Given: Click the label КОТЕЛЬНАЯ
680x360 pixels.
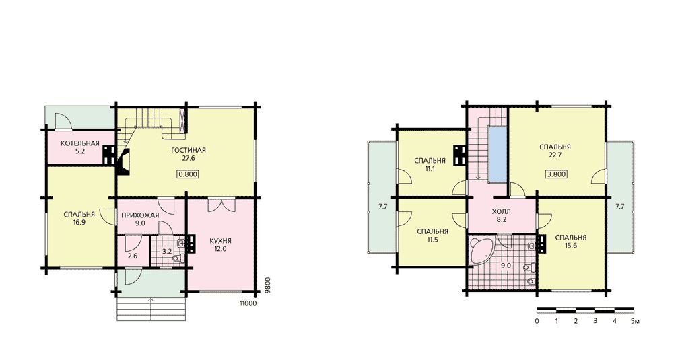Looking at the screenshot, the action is click(x=80, y=143).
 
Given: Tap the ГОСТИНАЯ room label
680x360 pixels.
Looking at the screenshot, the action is click(x=189, y=150).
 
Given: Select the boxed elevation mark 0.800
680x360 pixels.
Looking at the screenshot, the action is click(x=188, y=174).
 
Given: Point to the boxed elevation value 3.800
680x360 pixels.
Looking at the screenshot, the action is click(x=556, y=174).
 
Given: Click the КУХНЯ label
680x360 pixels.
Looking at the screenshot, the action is click(x=220, y=241).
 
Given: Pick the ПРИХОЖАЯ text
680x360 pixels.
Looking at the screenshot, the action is click(x=140, y=215).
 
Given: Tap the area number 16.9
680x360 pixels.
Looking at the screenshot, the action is click(x=79, y=222).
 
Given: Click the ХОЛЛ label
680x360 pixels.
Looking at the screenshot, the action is click(x=502, y=212).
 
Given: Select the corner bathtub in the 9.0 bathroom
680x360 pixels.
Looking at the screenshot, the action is click(x=481, y=250).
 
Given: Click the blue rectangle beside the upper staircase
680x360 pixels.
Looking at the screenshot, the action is click(x=498, y=155).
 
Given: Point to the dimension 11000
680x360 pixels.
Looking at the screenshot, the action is click(x=248, y=303).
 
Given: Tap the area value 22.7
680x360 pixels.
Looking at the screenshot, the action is click(x=555, y=155).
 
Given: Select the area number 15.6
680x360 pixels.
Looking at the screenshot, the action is click(x=571, y=245).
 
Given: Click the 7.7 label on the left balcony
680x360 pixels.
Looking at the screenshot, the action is click(x=382, y=207).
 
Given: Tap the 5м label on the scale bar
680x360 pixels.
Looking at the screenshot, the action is click(x=635, y=322).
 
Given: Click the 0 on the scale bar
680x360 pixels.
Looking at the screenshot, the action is click(x=537, y=322).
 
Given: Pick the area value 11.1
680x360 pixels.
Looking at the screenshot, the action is click(x=430, y=168).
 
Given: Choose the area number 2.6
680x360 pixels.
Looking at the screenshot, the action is click(x=133, y=256).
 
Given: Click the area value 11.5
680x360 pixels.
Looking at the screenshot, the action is click(x=432, y=240).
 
